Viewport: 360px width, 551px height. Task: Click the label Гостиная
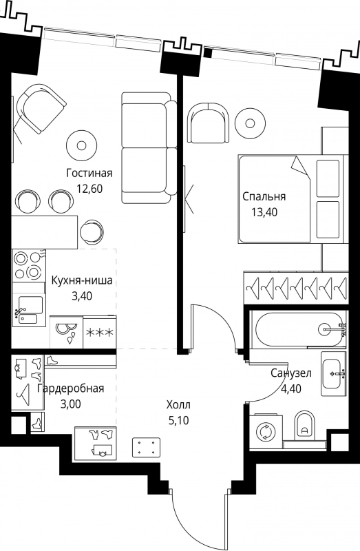click(89, 174)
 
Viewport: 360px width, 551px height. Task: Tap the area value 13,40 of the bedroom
click(264, 212)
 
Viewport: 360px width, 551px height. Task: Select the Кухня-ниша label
click(82, 281)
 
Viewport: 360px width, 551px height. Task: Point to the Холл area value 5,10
click(178, 420)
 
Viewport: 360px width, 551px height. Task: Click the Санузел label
click(290, 373)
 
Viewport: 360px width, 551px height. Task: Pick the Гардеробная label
click(71, 388)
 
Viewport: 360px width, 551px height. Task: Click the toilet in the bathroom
click(304, 426)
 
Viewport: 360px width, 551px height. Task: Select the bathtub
click(299, 329)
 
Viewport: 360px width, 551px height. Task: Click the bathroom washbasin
click(333, 373)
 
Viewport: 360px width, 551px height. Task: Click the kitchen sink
click(29, 311)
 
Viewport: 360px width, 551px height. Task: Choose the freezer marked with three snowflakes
click(99, 332)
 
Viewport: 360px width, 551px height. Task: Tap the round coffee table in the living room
click(82, 145)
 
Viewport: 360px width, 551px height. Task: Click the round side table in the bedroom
click(250, 123)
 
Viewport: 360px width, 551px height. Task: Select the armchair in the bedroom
click(208, 123)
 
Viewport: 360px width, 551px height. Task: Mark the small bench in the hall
click(147, 446)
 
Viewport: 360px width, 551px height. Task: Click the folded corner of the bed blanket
click(299, 166)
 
